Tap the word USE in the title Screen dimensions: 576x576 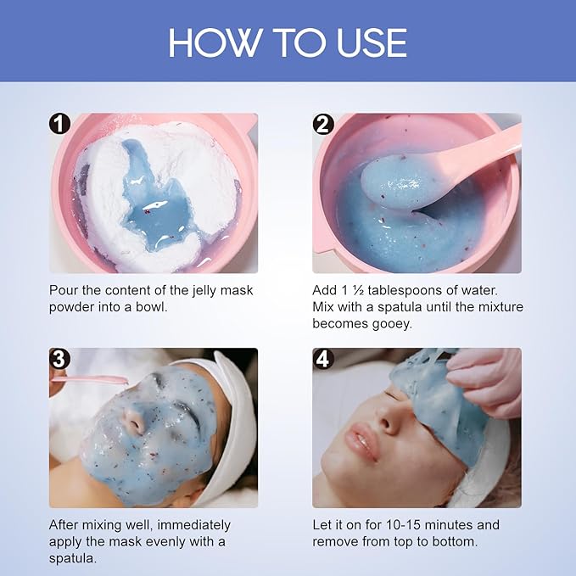pyautogui.click(x=367, y=42)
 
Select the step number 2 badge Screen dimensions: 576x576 pyautogui.click(x=322, y=125)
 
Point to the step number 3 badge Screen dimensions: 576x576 pyautogui.click(x=59, y=359)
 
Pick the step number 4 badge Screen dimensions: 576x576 pyautogui.click(x=322, y=359)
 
